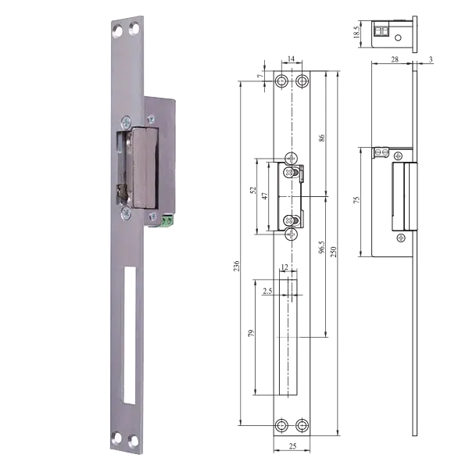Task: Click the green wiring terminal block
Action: [x=166, y=221]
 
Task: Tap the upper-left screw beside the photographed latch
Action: [x=124, y=121]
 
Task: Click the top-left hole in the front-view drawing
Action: [x=282, y=81]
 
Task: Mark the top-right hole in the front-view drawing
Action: [x=301, y=81]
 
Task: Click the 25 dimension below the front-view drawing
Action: [x=291, y=447]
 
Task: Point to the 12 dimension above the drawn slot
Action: [x=286, y=268]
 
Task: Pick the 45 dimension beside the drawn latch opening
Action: [x=265, y=195]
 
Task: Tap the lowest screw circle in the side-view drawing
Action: [x=400, y=237]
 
